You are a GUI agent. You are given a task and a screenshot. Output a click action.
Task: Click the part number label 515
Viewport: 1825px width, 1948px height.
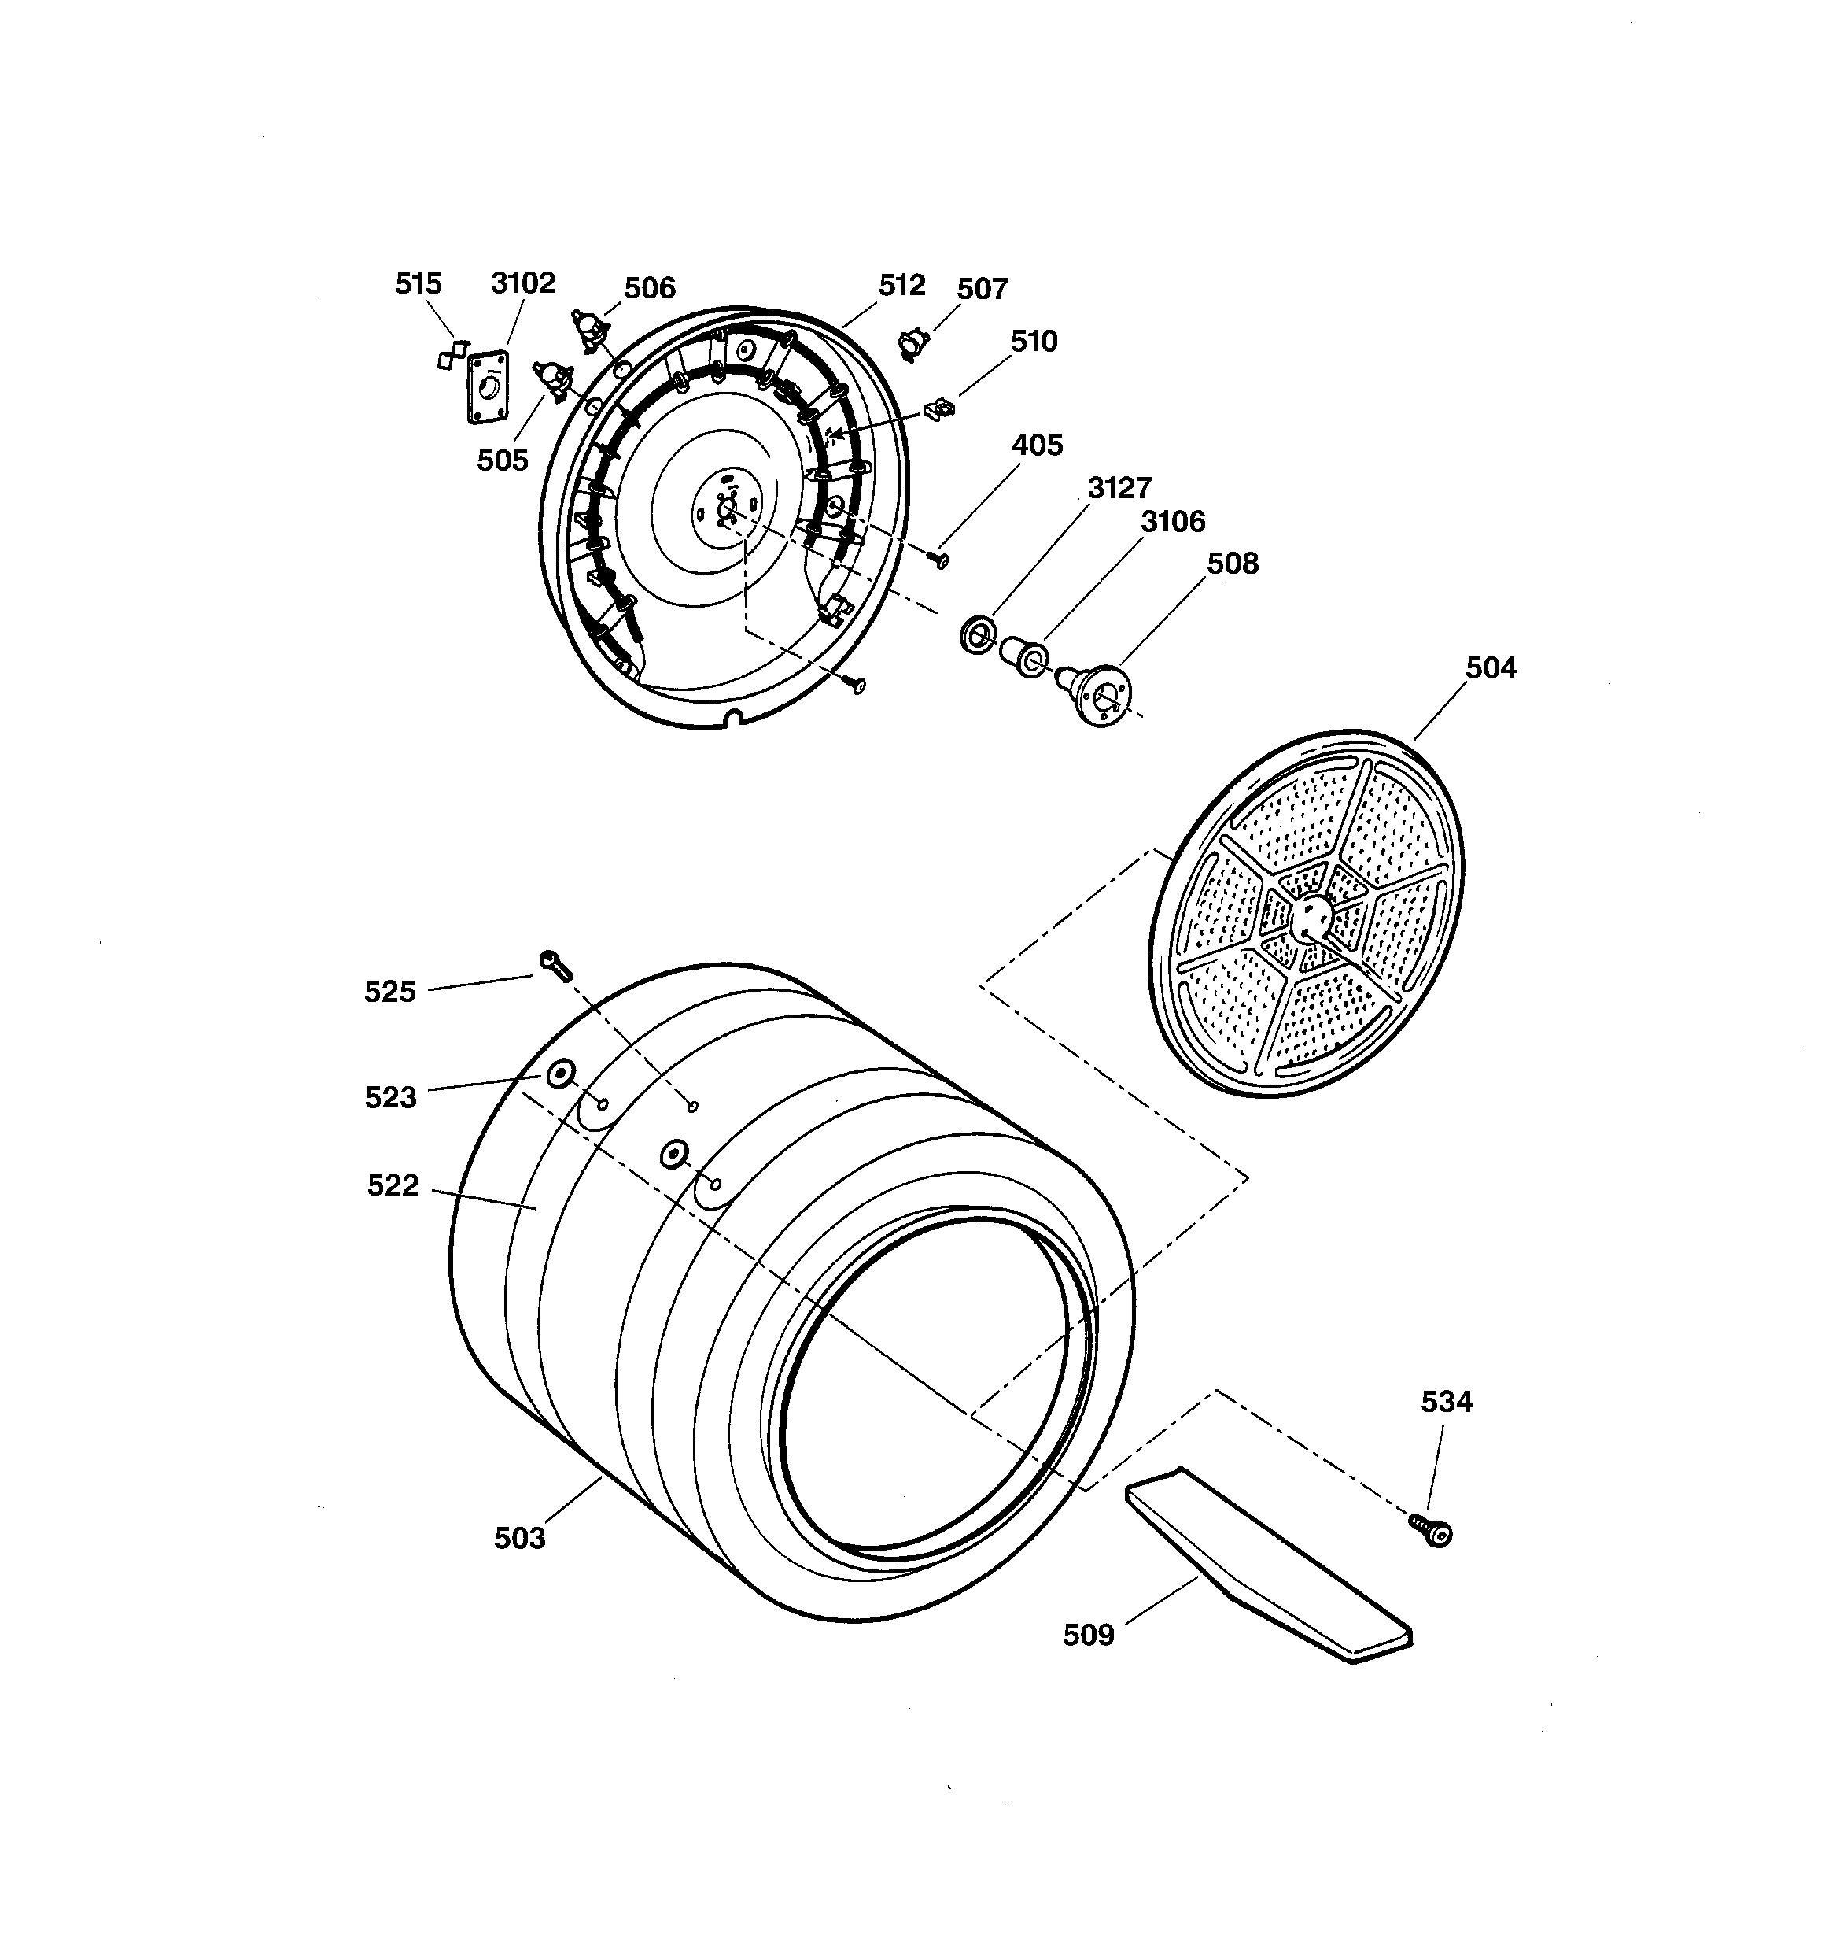tap(418, 283)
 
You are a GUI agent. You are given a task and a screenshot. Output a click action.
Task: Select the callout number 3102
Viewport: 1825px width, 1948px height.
tap(522, 283)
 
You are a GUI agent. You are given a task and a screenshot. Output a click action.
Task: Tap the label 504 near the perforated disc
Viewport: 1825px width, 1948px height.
tap(1490, 667)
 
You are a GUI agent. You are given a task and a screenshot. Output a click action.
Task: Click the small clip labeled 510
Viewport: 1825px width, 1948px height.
tap(938, 408)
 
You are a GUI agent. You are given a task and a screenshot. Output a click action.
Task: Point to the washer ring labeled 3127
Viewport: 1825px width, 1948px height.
tap(975, 635)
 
